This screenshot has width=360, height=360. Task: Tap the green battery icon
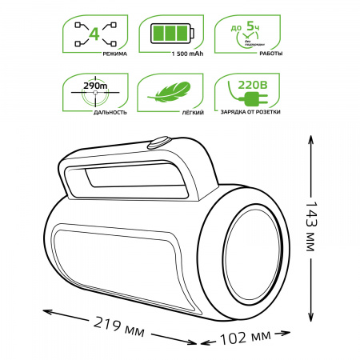click(x=169, y=34)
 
